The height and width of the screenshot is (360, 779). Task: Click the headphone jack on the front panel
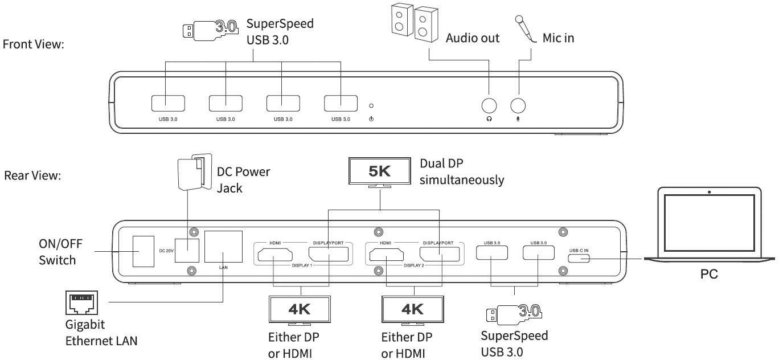point(489,105)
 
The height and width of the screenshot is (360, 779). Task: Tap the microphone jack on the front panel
point(518,105)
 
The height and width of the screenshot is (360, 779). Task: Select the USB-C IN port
point(579,257)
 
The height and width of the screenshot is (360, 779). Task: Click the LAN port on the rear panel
point(223,247)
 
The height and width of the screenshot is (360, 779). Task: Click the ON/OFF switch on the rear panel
point(143,251)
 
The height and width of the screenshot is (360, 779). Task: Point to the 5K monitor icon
point(380,171)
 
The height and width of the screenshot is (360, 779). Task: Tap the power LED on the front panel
point(371,105)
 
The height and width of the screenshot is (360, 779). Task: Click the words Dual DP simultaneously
point(461,171)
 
